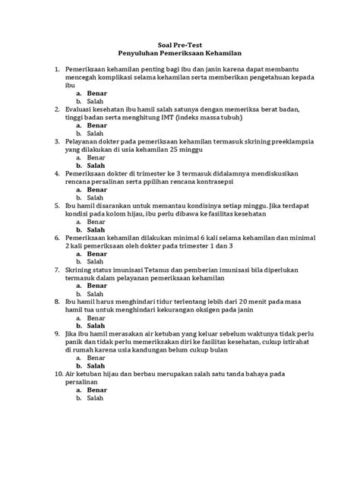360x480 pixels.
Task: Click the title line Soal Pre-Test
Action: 180,45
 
